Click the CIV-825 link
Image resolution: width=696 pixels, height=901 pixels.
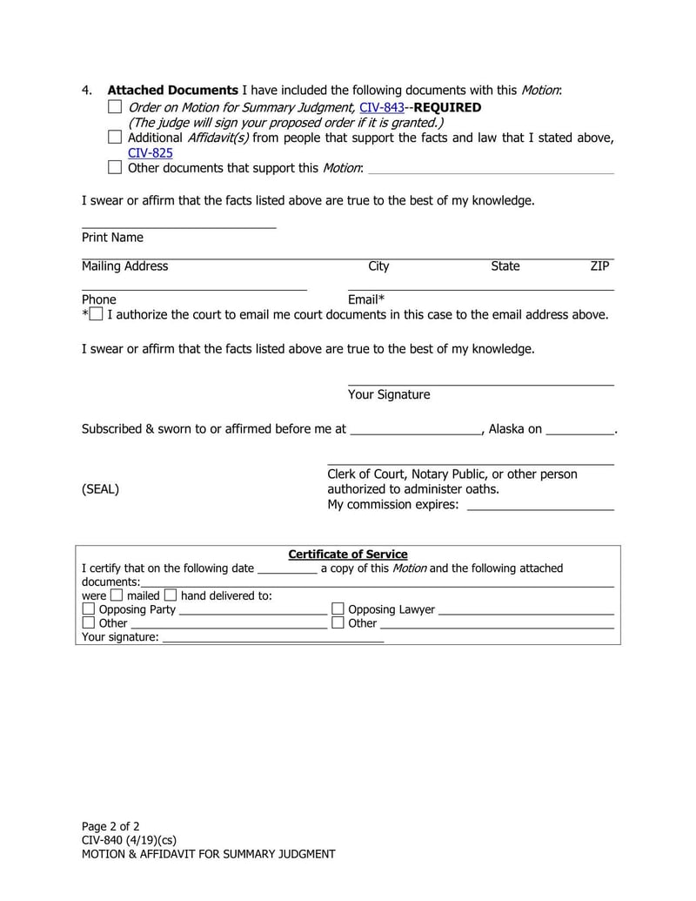(x=151, y=152)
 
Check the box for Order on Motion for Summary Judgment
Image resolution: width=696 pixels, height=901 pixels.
(x=115, y=107)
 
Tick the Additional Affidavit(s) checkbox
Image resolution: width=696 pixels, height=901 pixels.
(x=115, y=137)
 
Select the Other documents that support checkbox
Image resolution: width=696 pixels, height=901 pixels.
(x=115, y=167)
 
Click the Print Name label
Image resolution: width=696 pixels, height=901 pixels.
(x=112, y=238)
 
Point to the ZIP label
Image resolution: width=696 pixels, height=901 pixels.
(x=599, y=266)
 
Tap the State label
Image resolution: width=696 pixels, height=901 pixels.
(x=505, y=266)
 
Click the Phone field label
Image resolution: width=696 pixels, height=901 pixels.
(x=98, y=299)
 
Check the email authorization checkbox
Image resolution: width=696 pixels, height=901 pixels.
(x=96, y=314)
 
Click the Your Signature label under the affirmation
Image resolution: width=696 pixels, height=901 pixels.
(x=388, y=395)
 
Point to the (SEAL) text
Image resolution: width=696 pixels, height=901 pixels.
(x=100, y=489)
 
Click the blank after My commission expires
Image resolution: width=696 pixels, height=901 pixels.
(x=539, y=505)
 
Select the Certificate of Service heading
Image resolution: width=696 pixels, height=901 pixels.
(x=347, y=555)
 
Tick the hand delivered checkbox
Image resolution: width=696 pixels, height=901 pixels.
(x=170, y=595)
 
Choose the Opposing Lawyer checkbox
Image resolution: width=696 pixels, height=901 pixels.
(x=338, y=609)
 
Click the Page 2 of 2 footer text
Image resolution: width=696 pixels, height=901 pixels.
(x=110, y=826)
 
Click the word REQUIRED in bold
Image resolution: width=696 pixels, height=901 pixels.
(x=447, y=108)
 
